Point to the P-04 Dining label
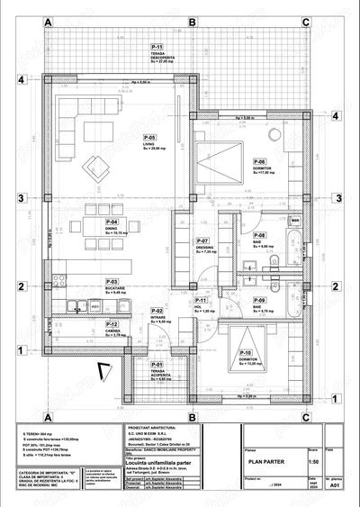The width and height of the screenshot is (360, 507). click(112, 222)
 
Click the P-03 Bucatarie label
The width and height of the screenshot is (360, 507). click(112, 282)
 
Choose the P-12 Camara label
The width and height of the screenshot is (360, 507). click(112, 325)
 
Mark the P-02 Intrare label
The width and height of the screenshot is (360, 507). click(157, 311)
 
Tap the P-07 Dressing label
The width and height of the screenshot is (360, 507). click(204, 241)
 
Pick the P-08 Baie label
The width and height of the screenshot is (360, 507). click(259, 235)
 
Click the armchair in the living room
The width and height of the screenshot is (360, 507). click(94, 165)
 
